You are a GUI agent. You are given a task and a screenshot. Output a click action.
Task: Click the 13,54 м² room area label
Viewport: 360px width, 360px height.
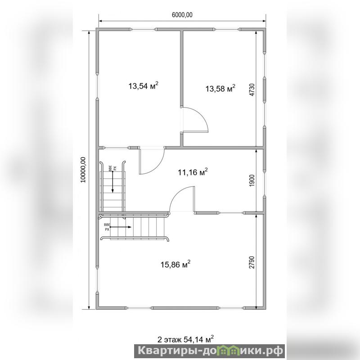coord(143,86)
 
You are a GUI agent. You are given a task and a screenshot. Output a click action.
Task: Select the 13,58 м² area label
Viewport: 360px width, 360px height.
coord(220,88)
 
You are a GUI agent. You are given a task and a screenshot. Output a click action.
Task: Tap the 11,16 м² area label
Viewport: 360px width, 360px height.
coord(193,172)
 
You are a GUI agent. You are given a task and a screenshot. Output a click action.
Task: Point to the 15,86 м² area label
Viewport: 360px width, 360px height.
coord(175,264)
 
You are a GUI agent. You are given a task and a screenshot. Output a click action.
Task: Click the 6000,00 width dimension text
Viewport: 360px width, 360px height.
coord(182,15)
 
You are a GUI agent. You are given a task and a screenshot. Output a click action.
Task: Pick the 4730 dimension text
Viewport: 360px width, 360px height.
coord(252,90)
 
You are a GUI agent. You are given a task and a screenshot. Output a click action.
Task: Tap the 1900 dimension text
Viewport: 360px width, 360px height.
coord(252,181)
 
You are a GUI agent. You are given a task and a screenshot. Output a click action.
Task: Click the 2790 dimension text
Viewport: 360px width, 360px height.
coord(252,262)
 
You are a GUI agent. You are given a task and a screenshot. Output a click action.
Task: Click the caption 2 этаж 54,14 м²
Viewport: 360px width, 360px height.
coord(185,339)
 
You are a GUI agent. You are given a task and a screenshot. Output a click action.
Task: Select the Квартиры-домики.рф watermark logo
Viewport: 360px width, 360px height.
coord(210,351)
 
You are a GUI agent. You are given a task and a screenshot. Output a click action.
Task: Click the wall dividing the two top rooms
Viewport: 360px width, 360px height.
coord(181,68)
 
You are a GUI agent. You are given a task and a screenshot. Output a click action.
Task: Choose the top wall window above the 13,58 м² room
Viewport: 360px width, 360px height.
coord(227,29)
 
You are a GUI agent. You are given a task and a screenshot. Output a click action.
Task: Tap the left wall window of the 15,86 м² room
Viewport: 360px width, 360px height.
coord(97,279)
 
